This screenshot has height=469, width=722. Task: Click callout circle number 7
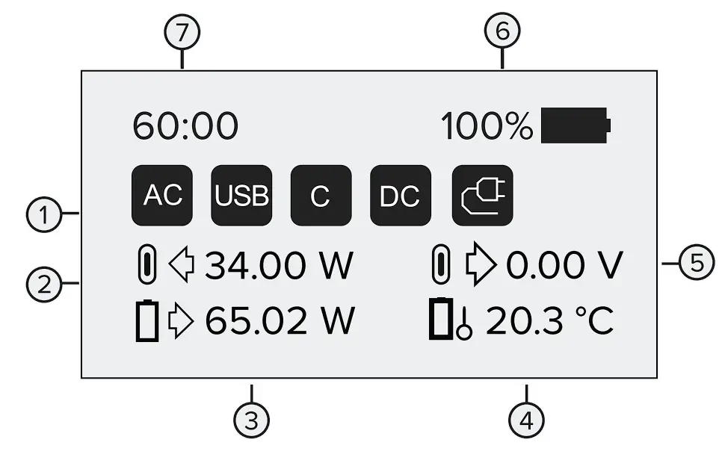tap(183, 34)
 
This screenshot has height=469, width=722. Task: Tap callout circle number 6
tap(502, 32)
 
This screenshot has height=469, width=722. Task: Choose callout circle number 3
tap(252, 420)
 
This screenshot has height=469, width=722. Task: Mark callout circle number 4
tap(526, 420)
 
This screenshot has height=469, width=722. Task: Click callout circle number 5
tap(696, 264)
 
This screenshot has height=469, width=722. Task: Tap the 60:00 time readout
tap(185, 126)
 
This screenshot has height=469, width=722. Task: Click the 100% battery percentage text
tap(487, 126)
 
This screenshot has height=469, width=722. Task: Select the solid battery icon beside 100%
tap(576, 125)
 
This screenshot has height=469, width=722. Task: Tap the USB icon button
tap(241, 196)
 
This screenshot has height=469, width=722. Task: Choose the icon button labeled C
tap(321, 196)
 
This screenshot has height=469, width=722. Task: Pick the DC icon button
tap(400, 196)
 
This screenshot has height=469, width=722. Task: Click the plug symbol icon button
tap(483, 196)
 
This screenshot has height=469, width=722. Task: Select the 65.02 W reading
tap(280, 321)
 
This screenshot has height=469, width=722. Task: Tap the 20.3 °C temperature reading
tap(550, 321)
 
